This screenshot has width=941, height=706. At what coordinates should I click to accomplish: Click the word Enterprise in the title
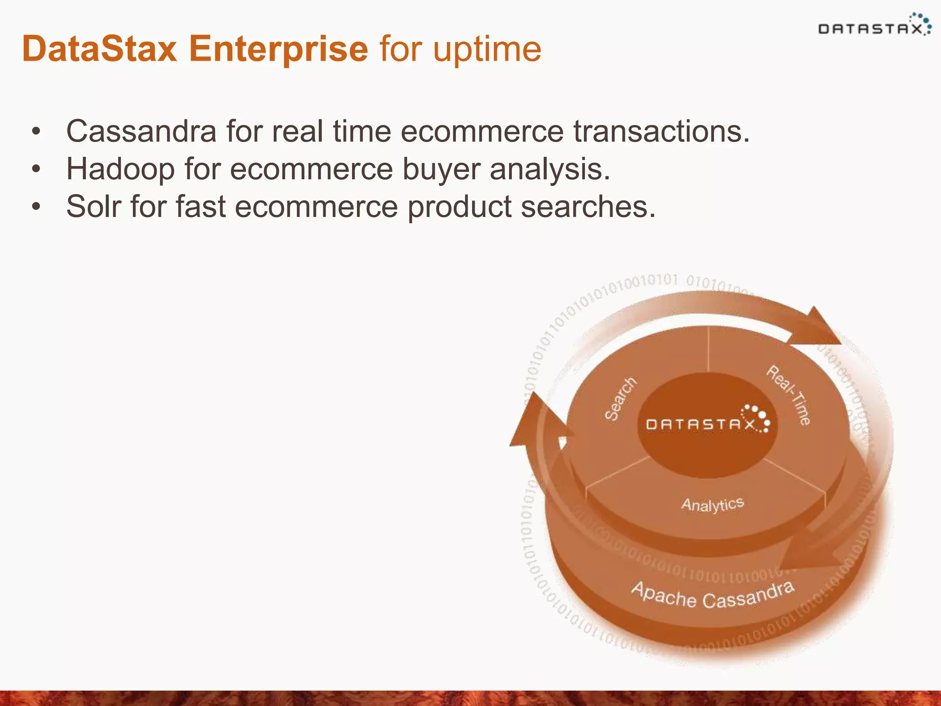pos(278,49)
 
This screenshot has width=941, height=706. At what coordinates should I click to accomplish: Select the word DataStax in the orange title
pos(100,49)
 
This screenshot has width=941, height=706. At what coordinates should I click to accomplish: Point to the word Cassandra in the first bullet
pos(141,131)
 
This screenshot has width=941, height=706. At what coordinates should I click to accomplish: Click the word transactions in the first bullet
pos(661,131)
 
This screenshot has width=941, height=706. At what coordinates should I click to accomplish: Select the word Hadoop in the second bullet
pos(120,169)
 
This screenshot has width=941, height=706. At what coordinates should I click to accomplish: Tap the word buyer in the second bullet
pos(441,169)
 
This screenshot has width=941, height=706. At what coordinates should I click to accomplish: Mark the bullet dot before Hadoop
pos(36,170)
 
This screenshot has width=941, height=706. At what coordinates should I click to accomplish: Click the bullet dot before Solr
pos(36,207)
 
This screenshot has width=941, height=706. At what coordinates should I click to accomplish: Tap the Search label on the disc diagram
pos(620,399)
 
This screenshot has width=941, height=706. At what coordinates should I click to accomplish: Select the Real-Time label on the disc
pos(788,394)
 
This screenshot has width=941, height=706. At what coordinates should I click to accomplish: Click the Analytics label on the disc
pos(712,504)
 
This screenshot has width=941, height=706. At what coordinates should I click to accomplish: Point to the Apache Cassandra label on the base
pos(712,597)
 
